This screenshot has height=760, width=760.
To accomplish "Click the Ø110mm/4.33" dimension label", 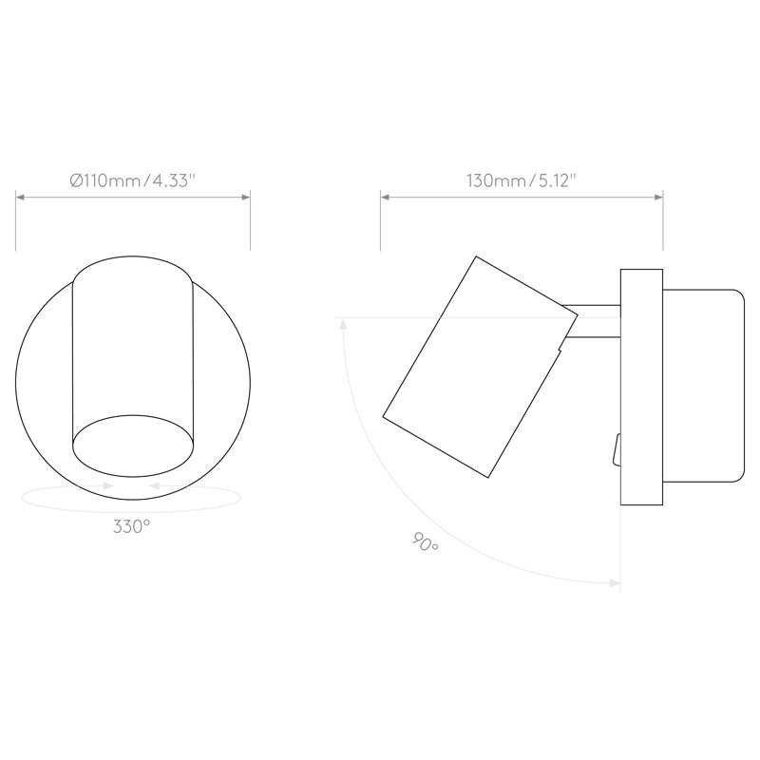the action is tap(132, 180).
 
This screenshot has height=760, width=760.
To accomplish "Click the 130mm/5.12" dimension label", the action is tap(522, 180).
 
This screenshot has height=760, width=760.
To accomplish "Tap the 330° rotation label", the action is tap(131, 526).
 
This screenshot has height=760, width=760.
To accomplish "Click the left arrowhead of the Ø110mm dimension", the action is tap(20, 197).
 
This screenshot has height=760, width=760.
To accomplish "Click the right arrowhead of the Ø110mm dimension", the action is tap(246, 197).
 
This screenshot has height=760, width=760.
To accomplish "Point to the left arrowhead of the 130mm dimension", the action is tap(385, 197).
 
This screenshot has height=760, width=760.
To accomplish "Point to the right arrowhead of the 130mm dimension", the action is tap(658, 197).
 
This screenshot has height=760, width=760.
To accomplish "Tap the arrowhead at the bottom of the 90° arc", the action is tap(616, 583).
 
